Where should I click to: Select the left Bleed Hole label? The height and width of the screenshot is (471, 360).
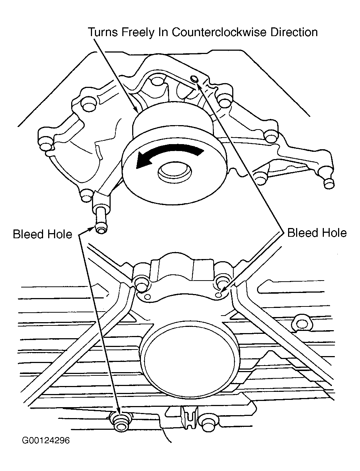(42, 234)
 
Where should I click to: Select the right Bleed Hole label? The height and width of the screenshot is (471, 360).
(317, 232)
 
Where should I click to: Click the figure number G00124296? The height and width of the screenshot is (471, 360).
(46, 440)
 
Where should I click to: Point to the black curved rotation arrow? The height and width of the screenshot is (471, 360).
(168, 155)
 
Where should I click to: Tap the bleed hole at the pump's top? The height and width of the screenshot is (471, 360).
(194, 80)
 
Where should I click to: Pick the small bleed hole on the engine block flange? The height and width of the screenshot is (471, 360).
(218, 294)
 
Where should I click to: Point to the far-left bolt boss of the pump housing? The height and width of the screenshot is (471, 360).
(46, 146)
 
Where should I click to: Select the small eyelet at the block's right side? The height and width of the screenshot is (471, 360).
(302, 323)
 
